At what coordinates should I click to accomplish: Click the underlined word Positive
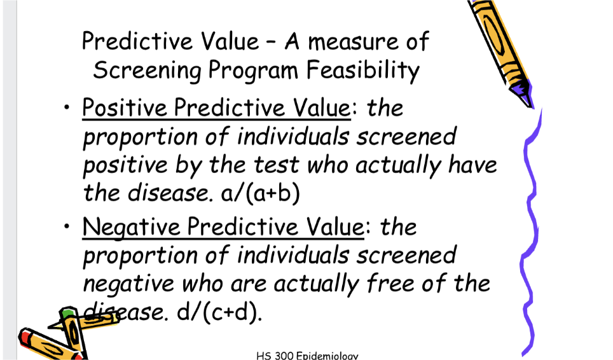click(x=125, y=109)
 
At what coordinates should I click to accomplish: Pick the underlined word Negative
click(x=131, y=226)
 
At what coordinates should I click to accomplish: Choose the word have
click(x=471, y=165)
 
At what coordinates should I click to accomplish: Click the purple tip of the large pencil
click(x=523, y=93)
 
